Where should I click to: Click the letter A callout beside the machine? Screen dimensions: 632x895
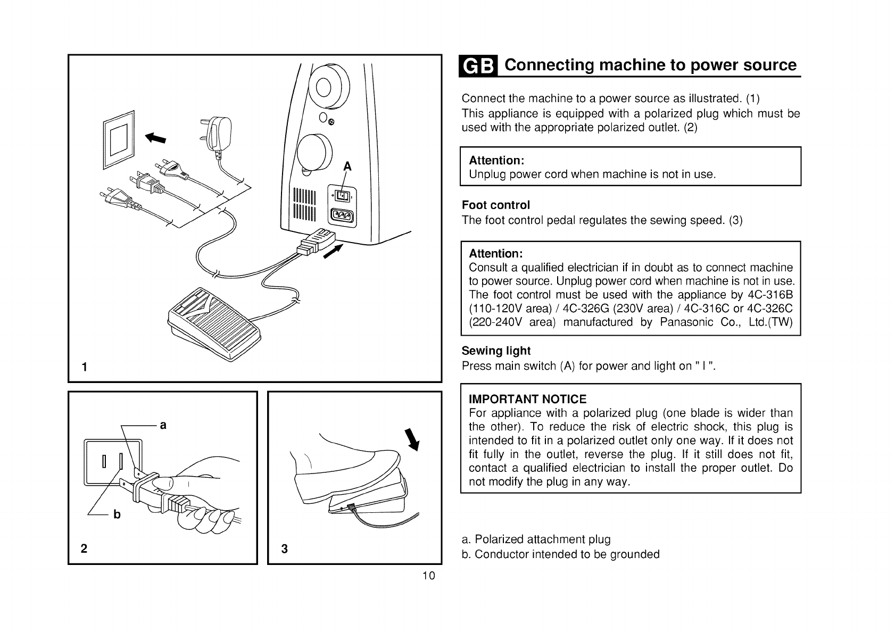click(347, 166)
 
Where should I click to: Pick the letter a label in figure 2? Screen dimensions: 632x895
click(163, 425)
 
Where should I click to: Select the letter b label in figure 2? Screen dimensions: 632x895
click(117, 514)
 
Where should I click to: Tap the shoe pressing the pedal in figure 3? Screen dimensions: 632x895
click(335, 468)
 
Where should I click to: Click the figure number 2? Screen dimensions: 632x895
click(84, 549)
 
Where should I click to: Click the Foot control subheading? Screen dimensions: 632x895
click(495, 205)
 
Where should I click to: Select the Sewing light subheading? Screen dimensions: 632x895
click(496, 351)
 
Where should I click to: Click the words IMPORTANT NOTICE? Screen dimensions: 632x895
click(527, 399)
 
